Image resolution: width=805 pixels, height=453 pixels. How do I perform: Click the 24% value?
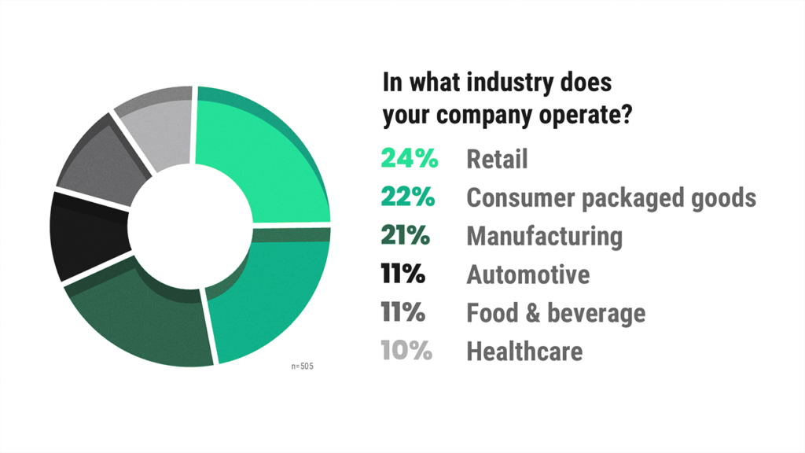(409, 159)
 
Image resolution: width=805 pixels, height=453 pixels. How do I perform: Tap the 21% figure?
(407, 236)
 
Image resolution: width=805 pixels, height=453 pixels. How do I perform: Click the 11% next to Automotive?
(402, 274)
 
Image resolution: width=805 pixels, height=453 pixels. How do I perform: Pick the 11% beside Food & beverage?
(402, 313)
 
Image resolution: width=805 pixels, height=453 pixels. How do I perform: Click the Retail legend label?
(497, 159)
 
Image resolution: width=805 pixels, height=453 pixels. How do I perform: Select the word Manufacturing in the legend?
(544, 236)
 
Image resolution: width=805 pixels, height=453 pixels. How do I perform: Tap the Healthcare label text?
(524, 351)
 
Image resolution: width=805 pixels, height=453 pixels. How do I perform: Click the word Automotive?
(527, 274)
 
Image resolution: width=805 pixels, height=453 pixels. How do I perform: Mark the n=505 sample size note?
(302, 366)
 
